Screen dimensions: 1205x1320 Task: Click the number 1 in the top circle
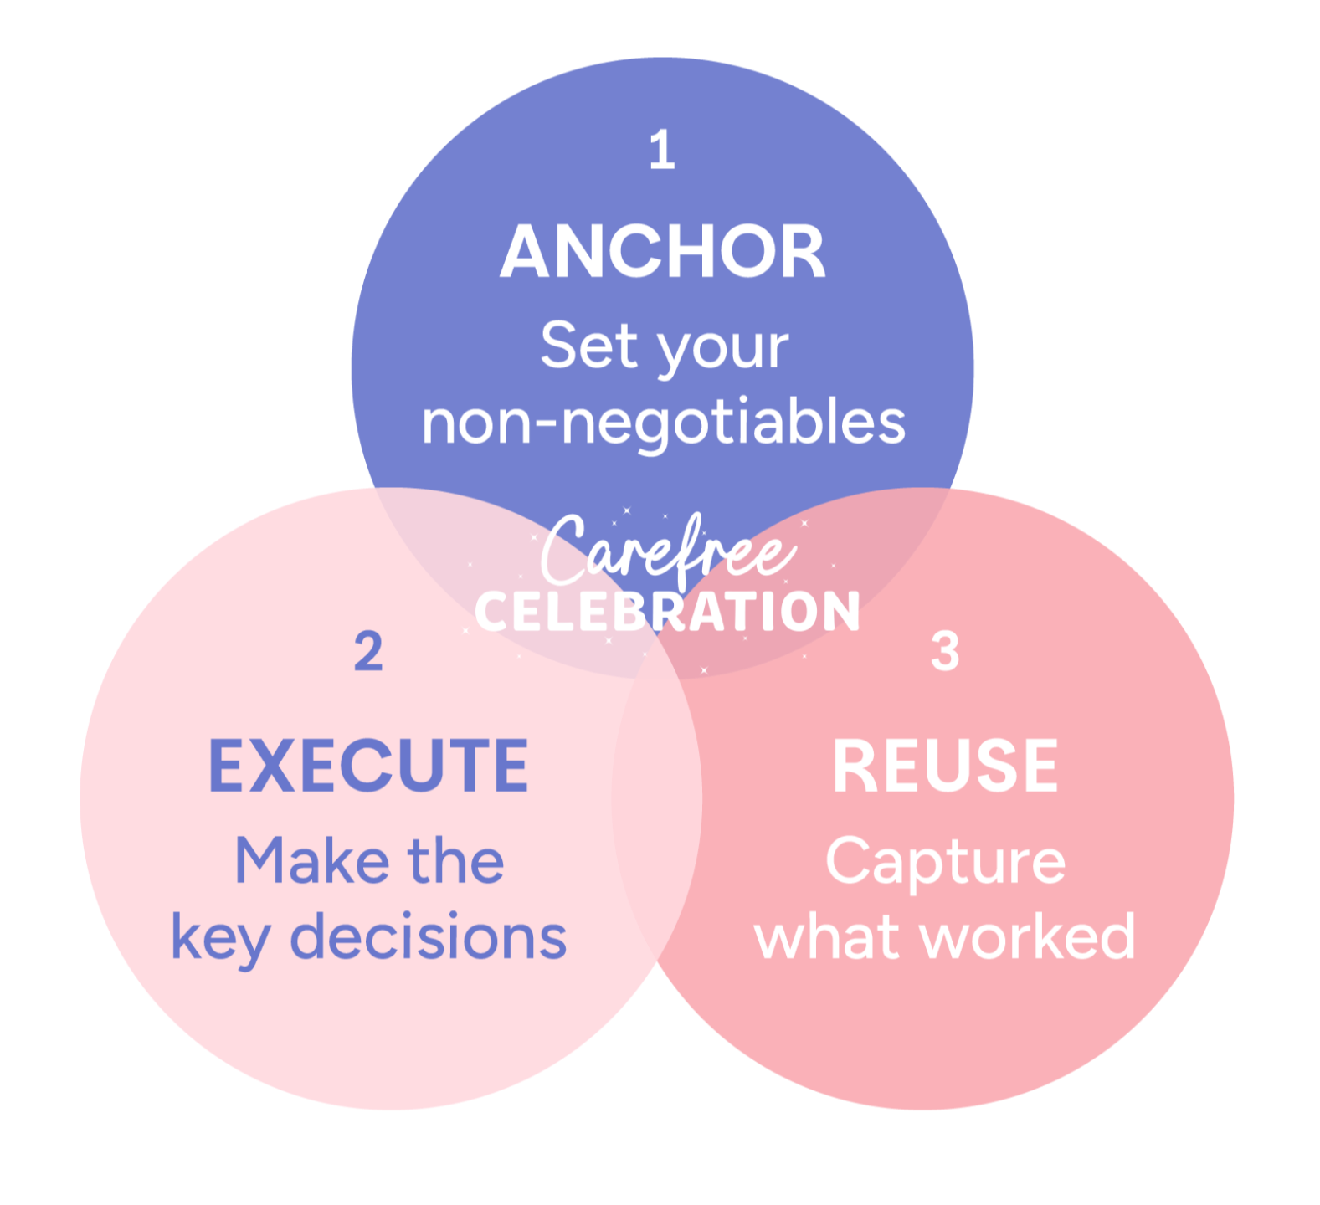pos(662,151)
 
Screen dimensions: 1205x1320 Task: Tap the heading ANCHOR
pos(663,252)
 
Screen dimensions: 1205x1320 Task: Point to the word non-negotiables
pos(663,422)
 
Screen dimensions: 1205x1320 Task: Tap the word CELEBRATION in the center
pos(667,612)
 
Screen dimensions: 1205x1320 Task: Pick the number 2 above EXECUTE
pos(368,651)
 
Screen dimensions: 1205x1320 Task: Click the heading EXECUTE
pos(368,766)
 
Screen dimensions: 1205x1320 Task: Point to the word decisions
pos(428,936)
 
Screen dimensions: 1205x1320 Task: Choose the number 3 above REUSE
pos(945,651)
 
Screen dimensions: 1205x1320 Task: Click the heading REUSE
pos(945,766)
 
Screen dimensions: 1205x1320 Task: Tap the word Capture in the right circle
pos(945,862)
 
